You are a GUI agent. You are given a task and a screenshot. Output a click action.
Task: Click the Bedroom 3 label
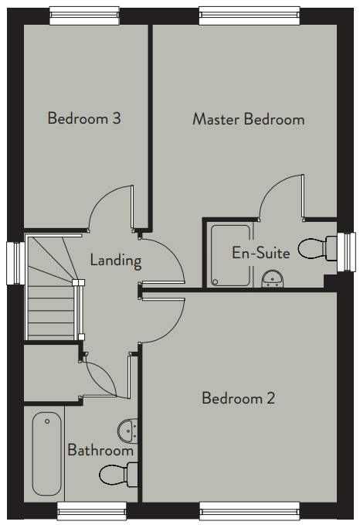point(84,118)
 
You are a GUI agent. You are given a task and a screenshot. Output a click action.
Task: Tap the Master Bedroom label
point(248,119)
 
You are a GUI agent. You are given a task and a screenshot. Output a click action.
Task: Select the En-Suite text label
point(261,253)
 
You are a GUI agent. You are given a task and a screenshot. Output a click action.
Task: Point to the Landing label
point(116,260)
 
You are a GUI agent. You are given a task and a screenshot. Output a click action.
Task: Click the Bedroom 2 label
point(238,398)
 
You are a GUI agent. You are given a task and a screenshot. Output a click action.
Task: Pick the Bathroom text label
point(100,450)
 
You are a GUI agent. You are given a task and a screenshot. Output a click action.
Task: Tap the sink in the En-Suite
point(273,279)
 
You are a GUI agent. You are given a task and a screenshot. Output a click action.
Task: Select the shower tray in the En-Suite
point(230,256)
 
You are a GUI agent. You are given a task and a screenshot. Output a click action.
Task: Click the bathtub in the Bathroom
point(47,454)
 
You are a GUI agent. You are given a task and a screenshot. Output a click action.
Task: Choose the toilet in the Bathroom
point(118,474)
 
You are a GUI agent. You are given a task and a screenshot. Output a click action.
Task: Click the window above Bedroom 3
point(84,15)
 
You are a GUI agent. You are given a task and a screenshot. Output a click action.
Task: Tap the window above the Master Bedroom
point(250,15)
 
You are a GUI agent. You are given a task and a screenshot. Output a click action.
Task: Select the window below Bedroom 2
point(250,511)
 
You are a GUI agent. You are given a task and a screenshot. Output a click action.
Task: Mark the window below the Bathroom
point(92,511)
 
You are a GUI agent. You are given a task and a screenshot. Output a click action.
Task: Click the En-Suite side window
point(346,252)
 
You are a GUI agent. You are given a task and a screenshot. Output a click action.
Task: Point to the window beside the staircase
point(15,263)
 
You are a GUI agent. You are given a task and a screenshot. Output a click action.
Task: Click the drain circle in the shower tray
point(216,282)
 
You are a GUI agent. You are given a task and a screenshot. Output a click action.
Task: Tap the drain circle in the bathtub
point(47,421)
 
